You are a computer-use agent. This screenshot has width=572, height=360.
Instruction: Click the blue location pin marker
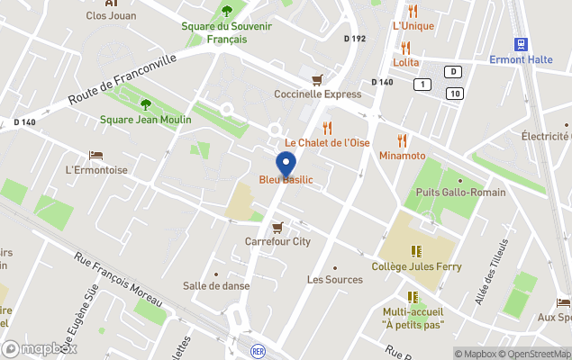click(286, 166)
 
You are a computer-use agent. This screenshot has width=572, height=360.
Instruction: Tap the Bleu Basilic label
click(286, 180)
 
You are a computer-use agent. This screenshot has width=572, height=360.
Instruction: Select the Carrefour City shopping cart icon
click(277, 227)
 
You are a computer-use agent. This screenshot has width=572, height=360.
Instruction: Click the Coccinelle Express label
click(317, 94)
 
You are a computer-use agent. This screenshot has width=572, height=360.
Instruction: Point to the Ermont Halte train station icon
click(520, 44)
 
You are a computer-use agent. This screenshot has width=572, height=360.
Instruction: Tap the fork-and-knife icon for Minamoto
click(402, 140)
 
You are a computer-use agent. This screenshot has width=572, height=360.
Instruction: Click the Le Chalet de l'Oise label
click(327, 143)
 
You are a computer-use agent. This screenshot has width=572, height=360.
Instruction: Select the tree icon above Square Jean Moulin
click(146, 103)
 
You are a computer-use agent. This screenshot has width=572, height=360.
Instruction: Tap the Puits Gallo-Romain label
click(460, 193)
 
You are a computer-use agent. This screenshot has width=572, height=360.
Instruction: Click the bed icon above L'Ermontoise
click(95, 156)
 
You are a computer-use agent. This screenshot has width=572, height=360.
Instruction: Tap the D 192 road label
click(355, 39)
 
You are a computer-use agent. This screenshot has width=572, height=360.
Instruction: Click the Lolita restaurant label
click(406, 62)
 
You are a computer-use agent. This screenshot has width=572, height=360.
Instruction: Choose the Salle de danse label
click(216, 286)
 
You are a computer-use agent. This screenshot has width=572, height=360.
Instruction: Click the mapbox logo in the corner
click(39, 348)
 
